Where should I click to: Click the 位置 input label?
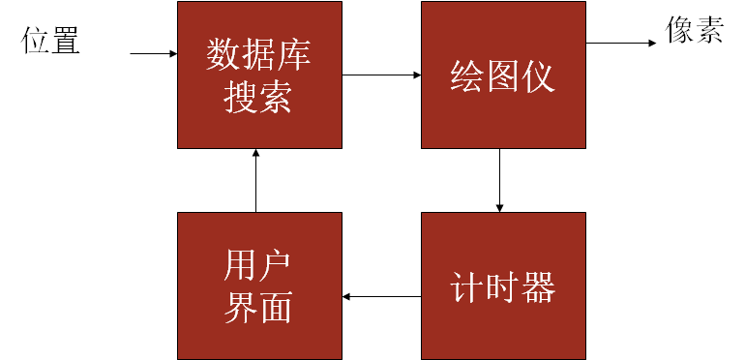click(x=51, y=41)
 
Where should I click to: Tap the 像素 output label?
click(x=694, y=32)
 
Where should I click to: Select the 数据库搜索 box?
click(x=259, y=75)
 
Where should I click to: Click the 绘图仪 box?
click(x=503, y=75)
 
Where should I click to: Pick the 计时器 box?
click(x=503, y=286)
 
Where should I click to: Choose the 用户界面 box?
click(x=259, y=286)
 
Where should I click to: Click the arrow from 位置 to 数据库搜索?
click(x=153, y=53)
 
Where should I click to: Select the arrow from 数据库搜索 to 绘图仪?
click(x=381, y=75)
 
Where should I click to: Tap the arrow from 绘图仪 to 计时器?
click(x=499, y=180)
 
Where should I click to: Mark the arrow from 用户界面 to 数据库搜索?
click(x=255, y=180)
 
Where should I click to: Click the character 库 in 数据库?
click(x=295, y=56)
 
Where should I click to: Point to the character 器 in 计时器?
click(x=539, y=287)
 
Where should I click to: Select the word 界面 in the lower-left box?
click(x=258, y=307)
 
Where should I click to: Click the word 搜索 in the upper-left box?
click(x=258, y=97)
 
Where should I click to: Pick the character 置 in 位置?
click(x=66, y=41)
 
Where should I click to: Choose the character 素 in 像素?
click(x=709, y=32)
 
